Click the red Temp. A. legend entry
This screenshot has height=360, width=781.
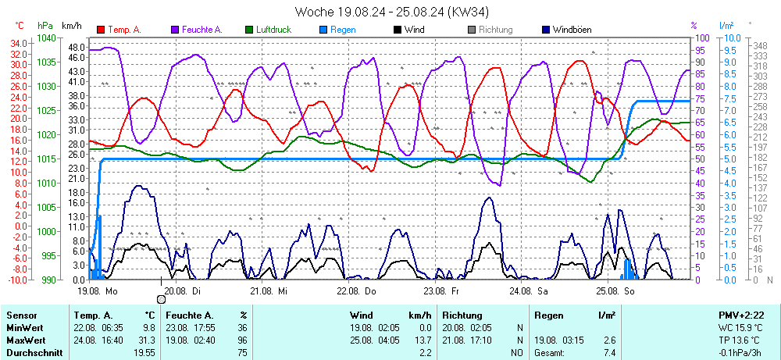coord(123,30)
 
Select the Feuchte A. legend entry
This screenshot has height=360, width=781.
coord(201,30)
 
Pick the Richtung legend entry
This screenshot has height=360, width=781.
coord(495,30)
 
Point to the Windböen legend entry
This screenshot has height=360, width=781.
coord(571,30)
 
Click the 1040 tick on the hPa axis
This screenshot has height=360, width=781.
coord(46,37)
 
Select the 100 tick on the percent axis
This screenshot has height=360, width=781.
coord(702,37)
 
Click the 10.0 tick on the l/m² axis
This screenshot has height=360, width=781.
coord(733,37)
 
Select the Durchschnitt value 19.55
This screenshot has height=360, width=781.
coord(144,353)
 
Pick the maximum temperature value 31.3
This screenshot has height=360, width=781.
coord(148,340)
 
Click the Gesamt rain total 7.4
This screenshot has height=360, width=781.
coord(609,353)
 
